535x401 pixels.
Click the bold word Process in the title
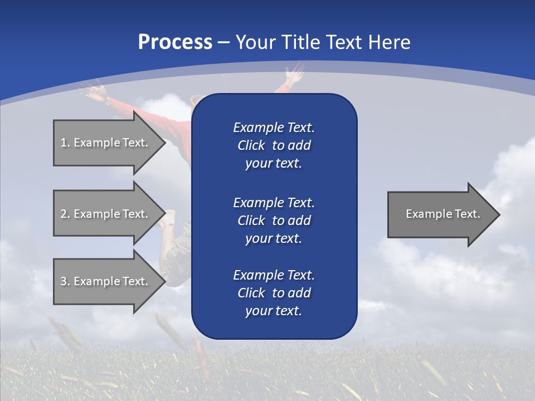(175, 42)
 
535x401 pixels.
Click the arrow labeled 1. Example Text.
(106, 143)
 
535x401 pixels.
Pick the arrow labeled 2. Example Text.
(106, 214)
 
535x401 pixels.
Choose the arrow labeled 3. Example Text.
(106, 281)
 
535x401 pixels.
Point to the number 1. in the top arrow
(65, 143)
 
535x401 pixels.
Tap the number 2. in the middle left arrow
(65, 214)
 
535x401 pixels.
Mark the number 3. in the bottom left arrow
(65, 281)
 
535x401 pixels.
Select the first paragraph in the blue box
(274, 145)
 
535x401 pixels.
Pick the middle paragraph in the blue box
(274, 220)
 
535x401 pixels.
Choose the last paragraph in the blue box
(274, 293)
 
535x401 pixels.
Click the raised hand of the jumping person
(294, 73)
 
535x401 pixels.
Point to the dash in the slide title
(224, 42)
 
